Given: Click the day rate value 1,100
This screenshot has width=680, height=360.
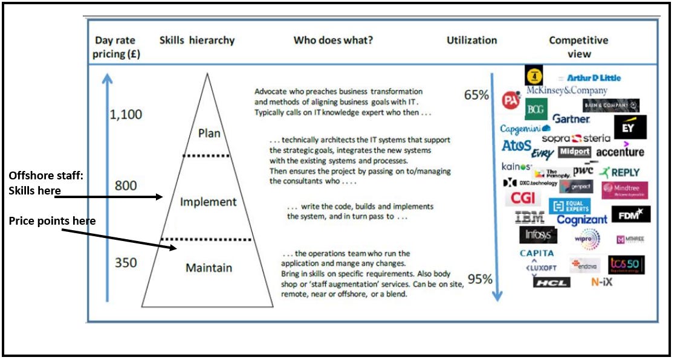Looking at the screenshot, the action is pyautogui.click(x=126, y=115).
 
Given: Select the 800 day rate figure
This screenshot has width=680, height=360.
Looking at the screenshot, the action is pyautogui.click(x=126, y=185).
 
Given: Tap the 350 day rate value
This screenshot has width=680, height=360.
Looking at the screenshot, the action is pyautogui.click(x=126, y=263).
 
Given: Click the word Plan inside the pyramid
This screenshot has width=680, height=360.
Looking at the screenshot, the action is pyautogui.click(x=209, y=133).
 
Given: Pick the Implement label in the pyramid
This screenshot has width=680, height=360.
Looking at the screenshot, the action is pyautogui.click(x=207, y=202).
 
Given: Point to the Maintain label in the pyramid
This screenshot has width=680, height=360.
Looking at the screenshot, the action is pyautogui.click(x=209, y=268).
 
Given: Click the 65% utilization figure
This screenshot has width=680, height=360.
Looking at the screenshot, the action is pyautogui.click(x=476, y=95).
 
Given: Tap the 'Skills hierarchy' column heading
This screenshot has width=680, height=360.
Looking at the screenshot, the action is pyautogui.click(x=197, y=40).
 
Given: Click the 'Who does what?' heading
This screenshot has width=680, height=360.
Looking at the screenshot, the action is pyautogui.click(x=333, y=40).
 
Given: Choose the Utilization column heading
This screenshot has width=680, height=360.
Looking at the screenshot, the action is pyautogui.click(x=471, y=40).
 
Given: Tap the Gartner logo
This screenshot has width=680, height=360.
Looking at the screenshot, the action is pyautogui.click(x=571, y=119).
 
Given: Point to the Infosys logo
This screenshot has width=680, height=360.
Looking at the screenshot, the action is pyautogui.click(x=538, y=234).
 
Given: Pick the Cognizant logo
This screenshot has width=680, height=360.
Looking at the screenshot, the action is pyautogui.click(x=581, y=220).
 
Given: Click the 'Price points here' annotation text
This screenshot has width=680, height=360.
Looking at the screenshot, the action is pyautogui.click(x=52, y=221).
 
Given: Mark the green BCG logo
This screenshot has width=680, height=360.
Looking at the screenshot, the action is pyautogui.click(x=536, y=109).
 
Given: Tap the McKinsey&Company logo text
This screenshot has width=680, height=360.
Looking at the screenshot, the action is pyautogui.click(x=566, y=91).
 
